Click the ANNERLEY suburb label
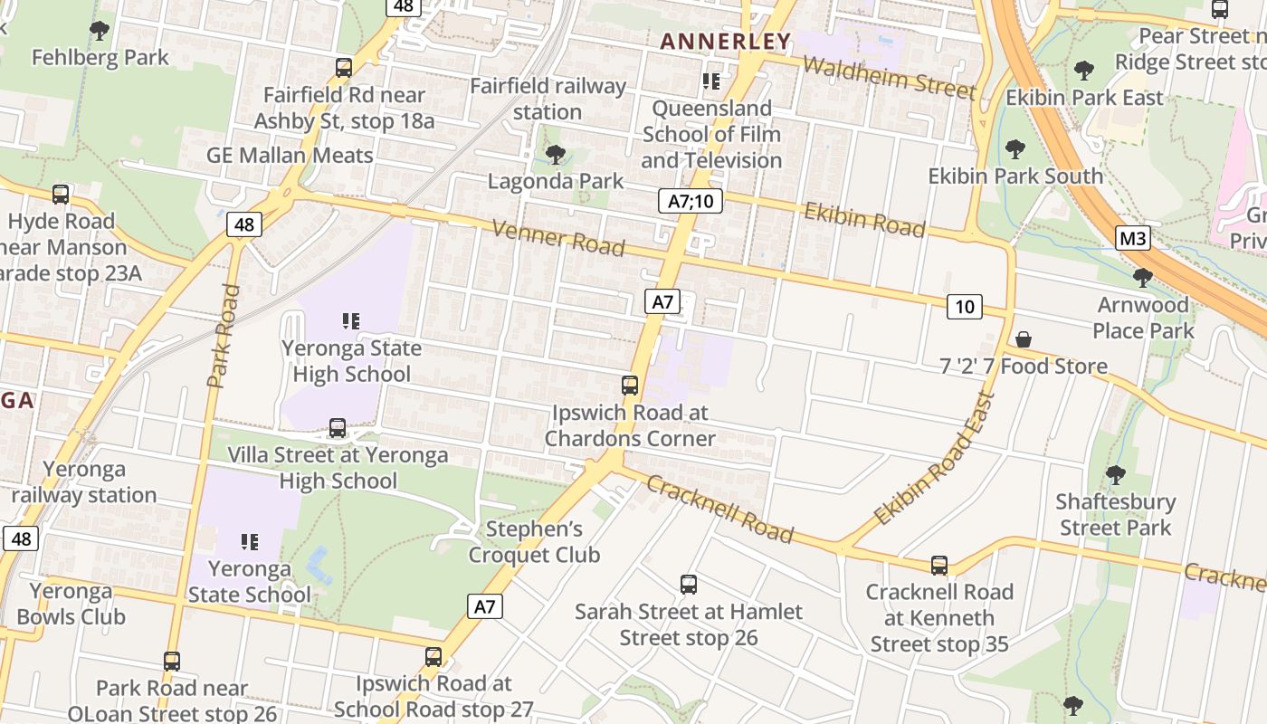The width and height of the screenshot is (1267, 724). click(x=725, y=42)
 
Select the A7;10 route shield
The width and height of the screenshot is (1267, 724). click(x=690, y=201)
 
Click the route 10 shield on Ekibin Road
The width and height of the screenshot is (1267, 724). click(x=965, y=307)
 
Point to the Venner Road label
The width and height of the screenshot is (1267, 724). click(x=558, y=237)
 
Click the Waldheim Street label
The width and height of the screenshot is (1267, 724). click(x=889, y=76)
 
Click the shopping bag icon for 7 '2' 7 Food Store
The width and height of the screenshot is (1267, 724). click(x=1023, y=339)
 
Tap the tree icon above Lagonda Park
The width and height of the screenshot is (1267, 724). click(x=556, y=154)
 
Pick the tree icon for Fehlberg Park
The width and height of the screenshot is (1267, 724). click(x=100, y=31)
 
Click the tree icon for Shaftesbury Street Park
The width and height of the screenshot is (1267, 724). click(x=1115, y=474)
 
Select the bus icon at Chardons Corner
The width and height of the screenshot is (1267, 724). click(x=630, y=386)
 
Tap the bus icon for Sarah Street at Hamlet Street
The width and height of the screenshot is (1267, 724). click(x=689, y=585)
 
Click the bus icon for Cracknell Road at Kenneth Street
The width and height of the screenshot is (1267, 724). click(x=939, y=566)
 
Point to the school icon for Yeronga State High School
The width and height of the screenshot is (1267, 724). click(x=351, y=321)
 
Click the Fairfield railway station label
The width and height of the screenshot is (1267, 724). click(x=548, y=99)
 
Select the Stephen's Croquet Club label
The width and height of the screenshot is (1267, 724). click(x=534, y=541)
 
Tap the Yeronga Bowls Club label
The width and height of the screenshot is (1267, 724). click(x=71, y=604)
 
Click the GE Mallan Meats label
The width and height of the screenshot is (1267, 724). click(x=290, y=155)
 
